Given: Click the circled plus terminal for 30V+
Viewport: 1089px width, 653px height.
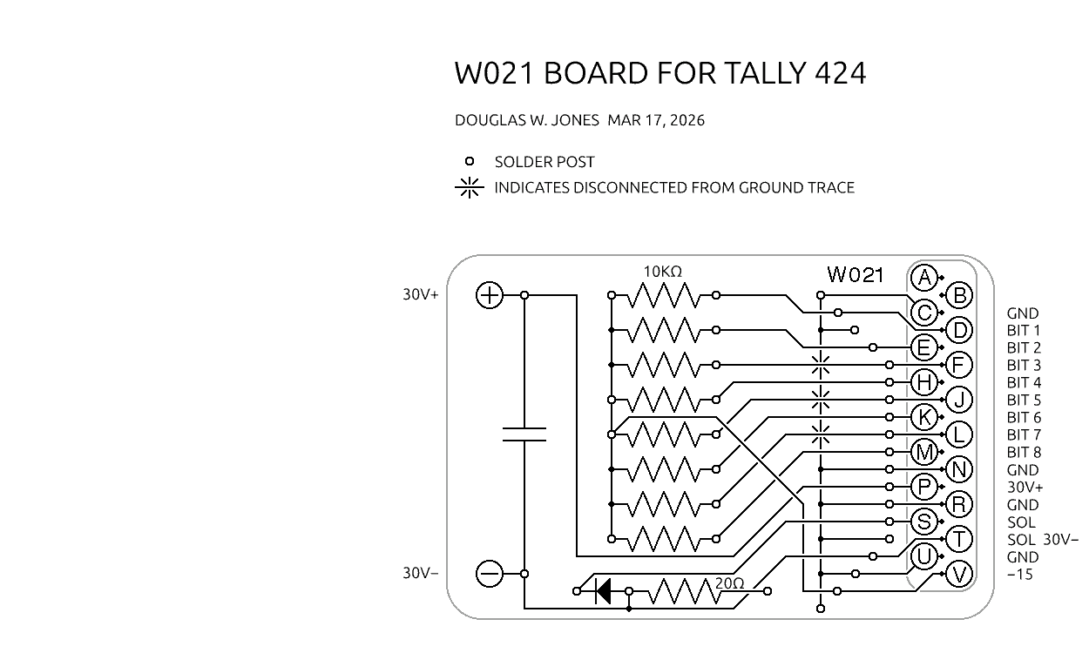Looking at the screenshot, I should pos(490,295).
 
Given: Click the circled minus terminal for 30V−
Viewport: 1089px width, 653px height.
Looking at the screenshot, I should pos(490,574).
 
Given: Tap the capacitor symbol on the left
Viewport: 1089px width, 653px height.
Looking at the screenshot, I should pos(524,434).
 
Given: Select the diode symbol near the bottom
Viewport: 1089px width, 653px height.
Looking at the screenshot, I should pos(602,591).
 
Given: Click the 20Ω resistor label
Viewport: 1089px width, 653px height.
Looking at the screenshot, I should pos(730,584).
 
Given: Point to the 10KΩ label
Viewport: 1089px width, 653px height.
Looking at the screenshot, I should pos(662,272).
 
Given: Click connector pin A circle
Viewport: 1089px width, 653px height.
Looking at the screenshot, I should pos(923,278).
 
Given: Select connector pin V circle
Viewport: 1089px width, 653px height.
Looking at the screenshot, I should pos(958,574).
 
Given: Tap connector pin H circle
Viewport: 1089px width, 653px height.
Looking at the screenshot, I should pos(923,382).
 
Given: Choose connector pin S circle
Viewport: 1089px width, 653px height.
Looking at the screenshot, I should pos(923,522).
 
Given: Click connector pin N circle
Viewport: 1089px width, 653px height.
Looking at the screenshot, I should pos(958,469).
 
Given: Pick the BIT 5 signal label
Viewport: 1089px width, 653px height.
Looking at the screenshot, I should pos(1024,401).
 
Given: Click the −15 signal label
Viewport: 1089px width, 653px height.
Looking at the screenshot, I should pos(1020,575).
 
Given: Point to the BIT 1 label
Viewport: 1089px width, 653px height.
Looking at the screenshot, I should pos(1024,331).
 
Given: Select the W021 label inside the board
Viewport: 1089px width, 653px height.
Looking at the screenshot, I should pos(856,275).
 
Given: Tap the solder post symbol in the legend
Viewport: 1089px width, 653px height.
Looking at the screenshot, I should pos(470,161).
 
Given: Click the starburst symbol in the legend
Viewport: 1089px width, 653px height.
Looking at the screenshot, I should pos(470,187).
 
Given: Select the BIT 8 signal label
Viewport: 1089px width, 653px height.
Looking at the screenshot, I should pos(1024,453).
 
